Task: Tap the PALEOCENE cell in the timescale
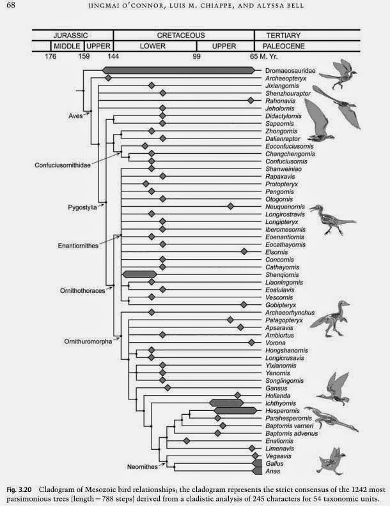click(281, 47)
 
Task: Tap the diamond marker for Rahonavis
click(251, 101)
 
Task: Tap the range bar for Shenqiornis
click(139, 274)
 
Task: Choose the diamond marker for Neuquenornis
click(230, 206)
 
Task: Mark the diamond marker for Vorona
click(251, 343)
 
